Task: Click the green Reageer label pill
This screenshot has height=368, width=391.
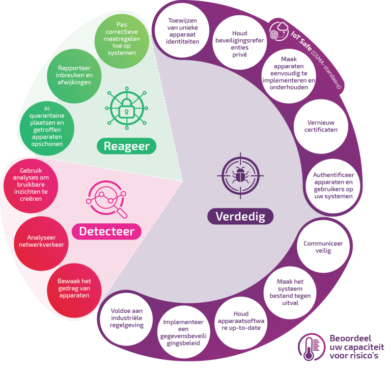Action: (x=126, y=146)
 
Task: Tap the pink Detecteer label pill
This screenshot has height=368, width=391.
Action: (x=106, y=231)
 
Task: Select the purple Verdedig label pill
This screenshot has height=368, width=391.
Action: (x=240, y=216)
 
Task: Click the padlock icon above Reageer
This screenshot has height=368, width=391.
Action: (x=127, y=109)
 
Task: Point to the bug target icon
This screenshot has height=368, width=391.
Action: (x=240, y=176)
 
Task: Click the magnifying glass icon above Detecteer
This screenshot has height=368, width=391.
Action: (x=106, y=199)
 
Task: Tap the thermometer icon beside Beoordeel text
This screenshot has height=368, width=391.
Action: (x=311, y=347)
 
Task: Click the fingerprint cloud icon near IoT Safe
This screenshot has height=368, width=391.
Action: (x=279, y=32)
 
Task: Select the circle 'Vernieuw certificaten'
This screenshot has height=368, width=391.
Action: (x=321, y=126)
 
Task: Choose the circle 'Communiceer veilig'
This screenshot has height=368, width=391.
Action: (x=323, y=247)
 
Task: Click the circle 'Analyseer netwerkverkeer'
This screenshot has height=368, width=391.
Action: (x=41, y=244)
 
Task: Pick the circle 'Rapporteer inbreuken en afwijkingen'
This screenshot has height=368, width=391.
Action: (x=74, y=76)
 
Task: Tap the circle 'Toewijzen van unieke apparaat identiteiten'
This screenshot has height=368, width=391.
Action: (x=182, y=30)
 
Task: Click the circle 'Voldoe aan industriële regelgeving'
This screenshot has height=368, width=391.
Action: (x=126, y=319)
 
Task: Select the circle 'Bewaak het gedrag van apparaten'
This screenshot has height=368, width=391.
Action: (x=74, y=291)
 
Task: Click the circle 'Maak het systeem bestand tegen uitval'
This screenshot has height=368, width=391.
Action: (x=290, y=293)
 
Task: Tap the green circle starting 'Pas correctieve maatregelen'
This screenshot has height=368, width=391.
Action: (x=122, y=41)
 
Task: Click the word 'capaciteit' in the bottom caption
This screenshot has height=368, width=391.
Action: (x=356, y=348)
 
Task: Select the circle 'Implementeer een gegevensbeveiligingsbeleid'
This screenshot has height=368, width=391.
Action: (x=183, y=332)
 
